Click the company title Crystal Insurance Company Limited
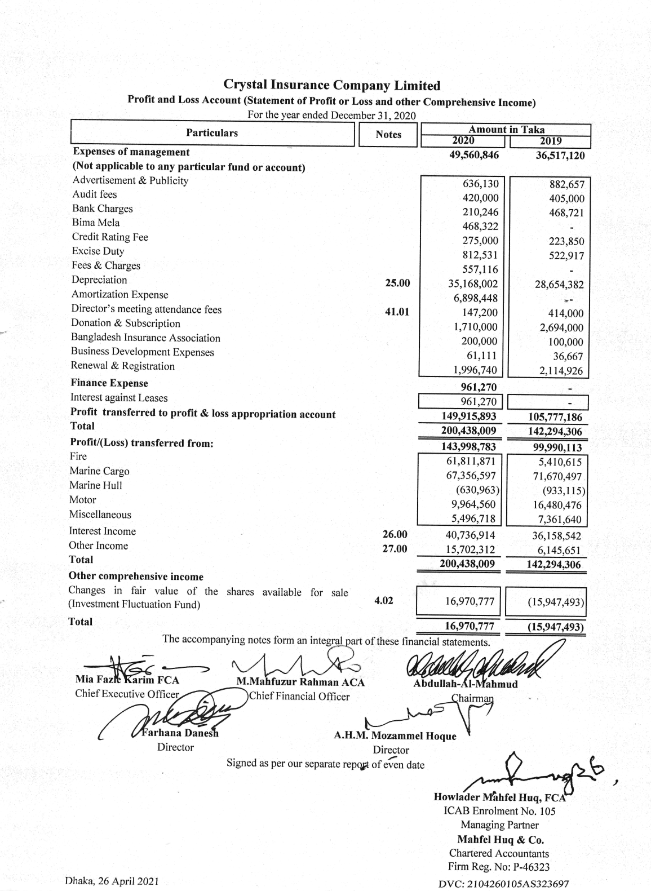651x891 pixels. tap(331, 86)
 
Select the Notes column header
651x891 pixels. tap(388, 135)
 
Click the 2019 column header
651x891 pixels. tap(551, 141)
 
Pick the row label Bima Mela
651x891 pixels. tap(96, 223)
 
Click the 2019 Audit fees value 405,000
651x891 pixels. tap(566, 199)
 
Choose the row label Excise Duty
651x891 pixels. tap(98, 251)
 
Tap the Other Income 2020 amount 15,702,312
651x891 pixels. tap(470, 549)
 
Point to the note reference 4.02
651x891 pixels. tap(384, 601)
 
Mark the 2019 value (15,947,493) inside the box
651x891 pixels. tap(555, 602)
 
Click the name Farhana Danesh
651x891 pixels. tap(180, 733)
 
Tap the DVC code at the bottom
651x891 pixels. tap(503, 884)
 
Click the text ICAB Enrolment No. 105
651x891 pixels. tap(499, 811)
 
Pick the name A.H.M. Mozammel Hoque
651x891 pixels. tap(395, 736)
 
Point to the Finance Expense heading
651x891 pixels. tap(109, 383)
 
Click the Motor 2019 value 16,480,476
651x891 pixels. tap(557, 506)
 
